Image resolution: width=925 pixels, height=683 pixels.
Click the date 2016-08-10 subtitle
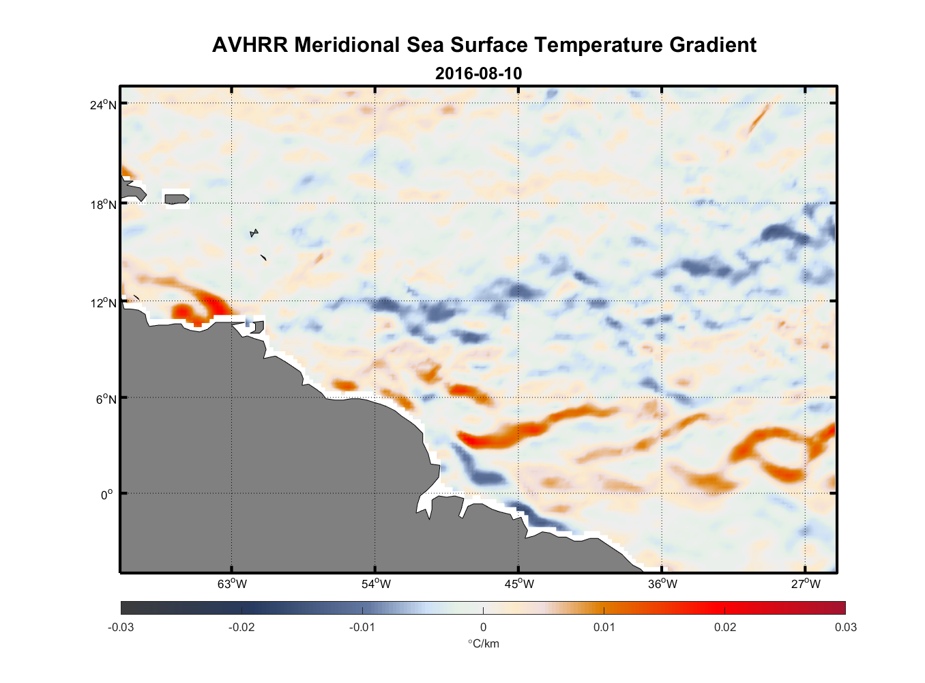click(478, 73)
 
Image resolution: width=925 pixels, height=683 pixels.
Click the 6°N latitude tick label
click(106, 399)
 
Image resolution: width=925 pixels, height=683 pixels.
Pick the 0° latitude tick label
click(106, 494)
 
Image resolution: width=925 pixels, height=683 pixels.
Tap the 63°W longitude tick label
click(232, 584)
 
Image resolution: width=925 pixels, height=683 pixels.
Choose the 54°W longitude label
click(376, 584)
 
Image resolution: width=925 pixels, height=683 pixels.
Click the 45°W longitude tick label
click(519, 584)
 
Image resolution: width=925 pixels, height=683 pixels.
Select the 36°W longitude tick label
click(662, 584)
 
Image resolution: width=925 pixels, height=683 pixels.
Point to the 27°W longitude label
click(806, 584)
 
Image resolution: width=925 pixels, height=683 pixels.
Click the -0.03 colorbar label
click(121, 627)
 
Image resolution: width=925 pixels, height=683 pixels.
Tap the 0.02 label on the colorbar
click(724, 627)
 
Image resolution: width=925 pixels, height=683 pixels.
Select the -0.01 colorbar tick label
click(362, 627)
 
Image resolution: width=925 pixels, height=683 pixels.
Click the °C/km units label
click(483, 643)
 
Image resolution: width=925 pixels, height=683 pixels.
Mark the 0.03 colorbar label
click(845, 627)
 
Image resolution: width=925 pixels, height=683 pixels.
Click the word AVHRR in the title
click(250, 45)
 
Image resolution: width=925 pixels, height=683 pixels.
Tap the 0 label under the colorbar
click(483, 627)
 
